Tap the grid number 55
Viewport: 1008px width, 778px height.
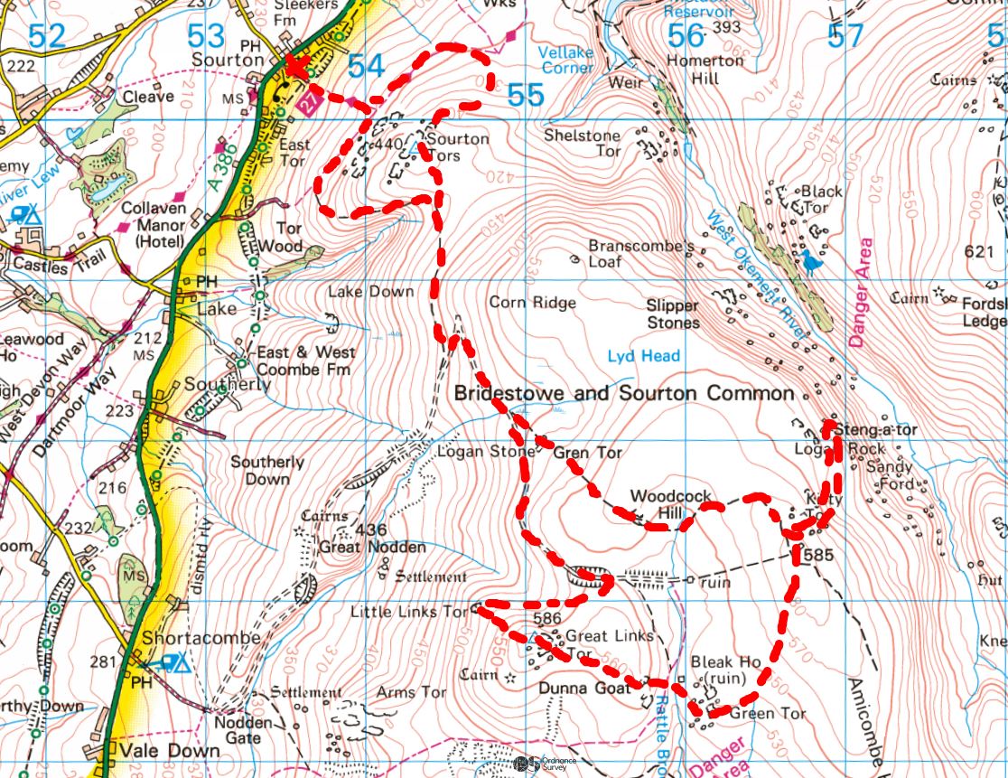pos(526,94)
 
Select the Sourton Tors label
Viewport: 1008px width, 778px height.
pos(457,147)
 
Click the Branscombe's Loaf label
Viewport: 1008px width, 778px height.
pos(640,253)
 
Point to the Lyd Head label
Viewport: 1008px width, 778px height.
pos(643,356)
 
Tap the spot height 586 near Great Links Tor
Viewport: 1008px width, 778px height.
pos(548,618)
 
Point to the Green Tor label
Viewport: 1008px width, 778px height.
pos(767,713)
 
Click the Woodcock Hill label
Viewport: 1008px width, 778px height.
pos(670,504)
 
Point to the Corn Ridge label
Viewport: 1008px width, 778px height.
pos(532,303)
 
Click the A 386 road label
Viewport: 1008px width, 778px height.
pos(215,170)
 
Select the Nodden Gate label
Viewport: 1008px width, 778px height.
pos(244,730)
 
